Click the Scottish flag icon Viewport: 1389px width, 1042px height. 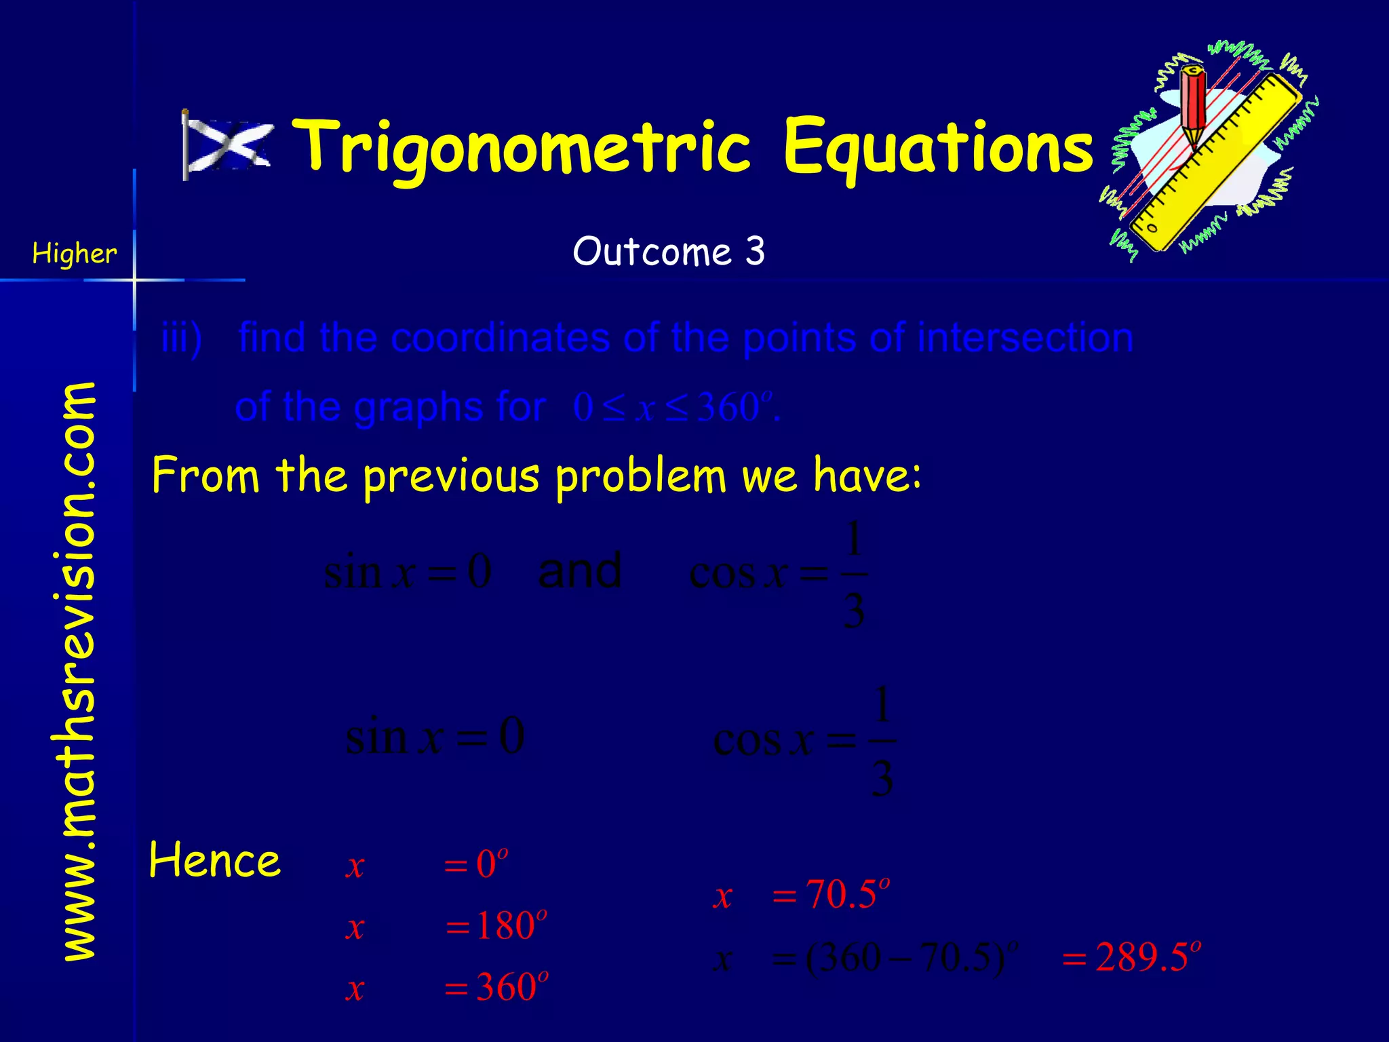tap(227, 144)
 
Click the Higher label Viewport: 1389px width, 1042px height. tap(75, 254)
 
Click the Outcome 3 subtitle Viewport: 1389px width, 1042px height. tap(669, 252)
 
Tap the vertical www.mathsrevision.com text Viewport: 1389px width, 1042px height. tap(80, 672)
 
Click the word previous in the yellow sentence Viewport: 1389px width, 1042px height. tap(451, 476)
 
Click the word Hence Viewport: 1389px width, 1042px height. tap(214, 860)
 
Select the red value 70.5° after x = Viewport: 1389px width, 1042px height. tap(846, 894)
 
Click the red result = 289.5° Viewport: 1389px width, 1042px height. tap(1131, 957)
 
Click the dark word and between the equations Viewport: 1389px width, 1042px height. tap(579, 571)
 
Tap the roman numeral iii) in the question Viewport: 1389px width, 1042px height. tap(181, 338)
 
